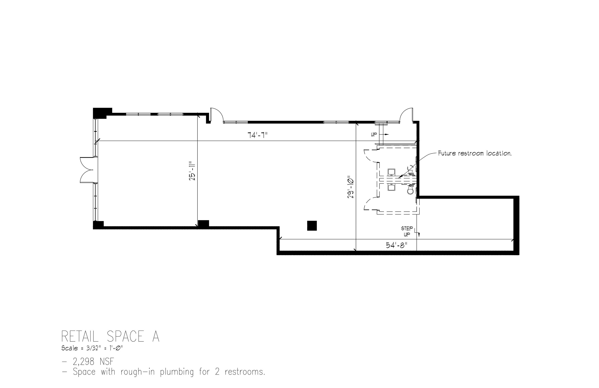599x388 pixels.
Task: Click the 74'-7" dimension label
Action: (257, 135)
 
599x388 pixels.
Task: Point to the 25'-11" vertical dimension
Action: (192, 171)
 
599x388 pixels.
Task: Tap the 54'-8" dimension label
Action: (396, 245)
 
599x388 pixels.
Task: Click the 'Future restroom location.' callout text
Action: (475, 153)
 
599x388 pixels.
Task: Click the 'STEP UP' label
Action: (407, 231)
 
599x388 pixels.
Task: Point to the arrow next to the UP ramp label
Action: (385, 134)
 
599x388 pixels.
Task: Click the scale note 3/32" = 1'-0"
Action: (92, 348)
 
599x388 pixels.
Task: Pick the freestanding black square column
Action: (312, 226)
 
